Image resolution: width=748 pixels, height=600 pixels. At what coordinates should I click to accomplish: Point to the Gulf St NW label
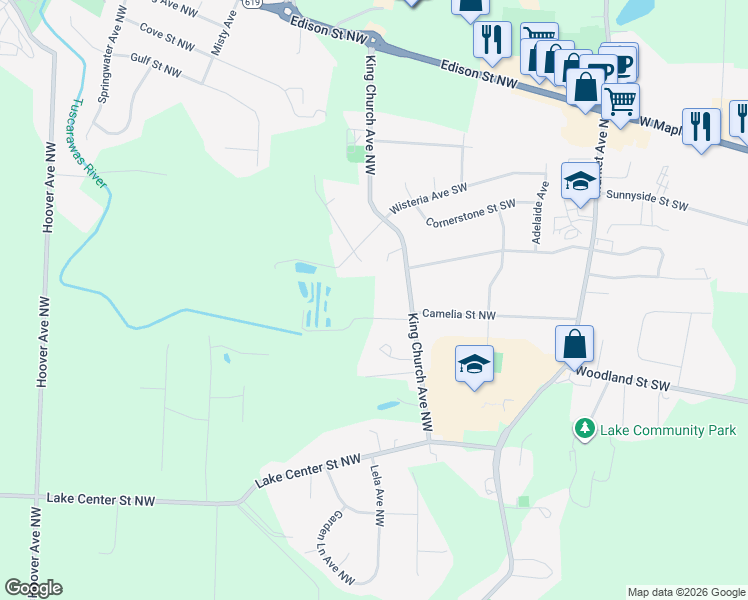156,66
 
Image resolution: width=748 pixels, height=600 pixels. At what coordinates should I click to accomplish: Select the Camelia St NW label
459,314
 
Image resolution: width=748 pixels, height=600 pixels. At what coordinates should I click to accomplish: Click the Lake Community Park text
668,430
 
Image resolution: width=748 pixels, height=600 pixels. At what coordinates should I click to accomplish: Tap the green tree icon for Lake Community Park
584,428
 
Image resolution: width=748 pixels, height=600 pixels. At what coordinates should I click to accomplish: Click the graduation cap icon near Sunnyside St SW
580,180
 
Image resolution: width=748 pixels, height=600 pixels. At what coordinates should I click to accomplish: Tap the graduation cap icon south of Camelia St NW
475,363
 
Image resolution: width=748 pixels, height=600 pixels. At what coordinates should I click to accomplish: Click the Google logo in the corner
33,588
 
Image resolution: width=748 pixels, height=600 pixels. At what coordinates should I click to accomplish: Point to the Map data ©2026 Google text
685,592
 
